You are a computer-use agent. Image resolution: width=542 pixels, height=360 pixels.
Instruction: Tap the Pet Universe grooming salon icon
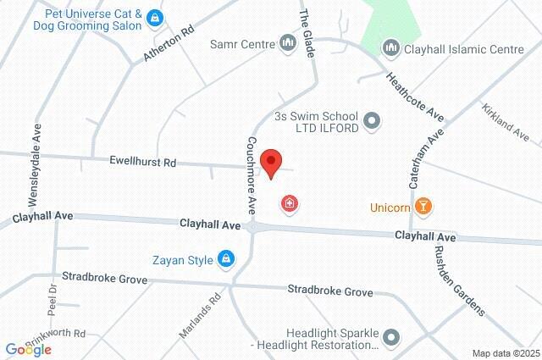153,16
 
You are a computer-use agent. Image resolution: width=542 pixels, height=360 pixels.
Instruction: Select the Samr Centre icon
287,43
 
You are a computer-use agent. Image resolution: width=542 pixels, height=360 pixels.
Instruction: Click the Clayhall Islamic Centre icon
390,49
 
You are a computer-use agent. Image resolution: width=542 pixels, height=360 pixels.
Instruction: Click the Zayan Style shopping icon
225,259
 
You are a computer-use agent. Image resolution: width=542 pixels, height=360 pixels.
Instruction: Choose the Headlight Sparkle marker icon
390,339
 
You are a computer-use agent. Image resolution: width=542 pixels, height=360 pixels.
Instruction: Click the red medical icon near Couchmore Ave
290,204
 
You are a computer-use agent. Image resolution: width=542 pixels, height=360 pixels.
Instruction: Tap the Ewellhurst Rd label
142,161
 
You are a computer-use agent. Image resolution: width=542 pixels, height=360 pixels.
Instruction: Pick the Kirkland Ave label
505,123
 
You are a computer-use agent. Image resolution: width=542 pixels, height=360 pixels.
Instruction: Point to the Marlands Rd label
200,316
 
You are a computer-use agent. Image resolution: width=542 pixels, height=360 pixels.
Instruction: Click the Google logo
29,349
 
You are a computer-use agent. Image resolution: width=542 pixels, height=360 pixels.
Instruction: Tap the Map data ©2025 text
505,353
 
